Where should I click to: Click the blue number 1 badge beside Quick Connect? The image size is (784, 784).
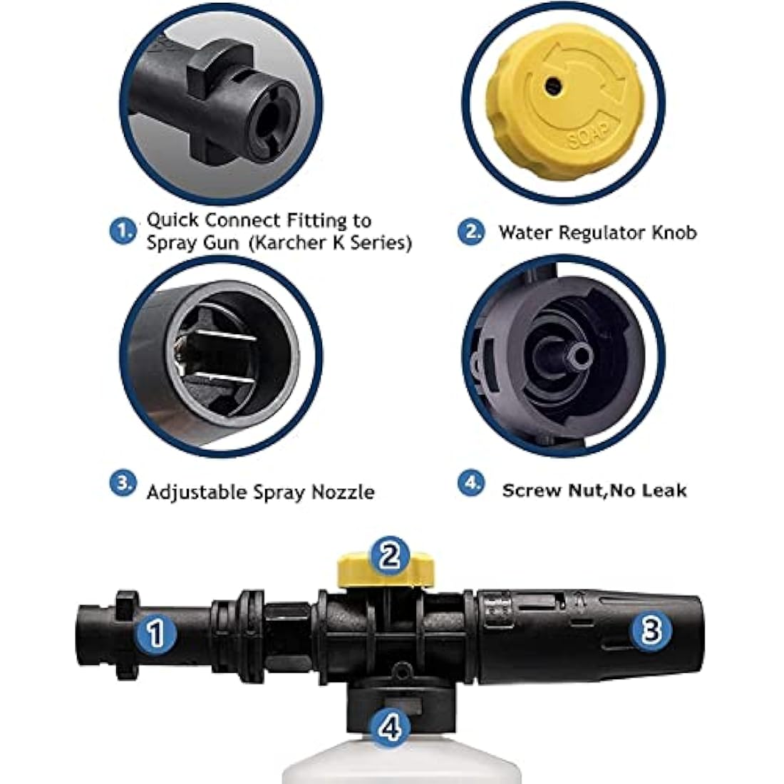tap(123, 231)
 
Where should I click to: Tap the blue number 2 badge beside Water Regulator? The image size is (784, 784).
tap(471, 232)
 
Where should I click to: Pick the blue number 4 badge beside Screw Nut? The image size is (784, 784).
tap(471, 483)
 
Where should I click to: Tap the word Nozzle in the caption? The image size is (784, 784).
tap(343, 492)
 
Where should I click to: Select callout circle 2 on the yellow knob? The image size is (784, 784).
tap(389, 555)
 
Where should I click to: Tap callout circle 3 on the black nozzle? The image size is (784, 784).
tap(651, 630)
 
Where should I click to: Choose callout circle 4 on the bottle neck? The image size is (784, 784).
tap(391, 727)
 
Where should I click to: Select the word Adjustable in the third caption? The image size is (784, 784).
tap(197, 492)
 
